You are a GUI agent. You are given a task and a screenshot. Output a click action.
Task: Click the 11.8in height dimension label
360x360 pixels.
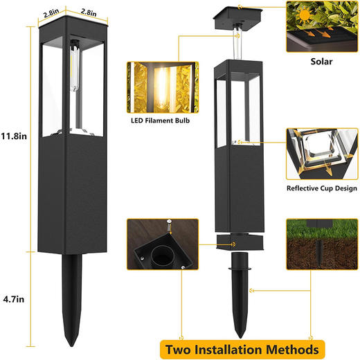(x=14, y=136)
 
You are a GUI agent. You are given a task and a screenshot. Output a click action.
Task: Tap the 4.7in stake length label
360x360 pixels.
(x=14, y=299)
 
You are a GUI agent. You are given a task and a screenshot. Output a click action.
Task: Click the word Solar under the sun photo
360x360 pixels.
(x=321, y=62)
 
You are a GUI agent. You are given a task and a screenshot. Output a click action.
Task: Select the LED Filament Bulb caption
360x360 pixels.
(x=161, y=120)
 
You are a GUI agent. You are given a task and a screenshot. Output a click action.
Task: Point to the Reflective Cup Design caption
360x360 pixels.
(x=322, y=188)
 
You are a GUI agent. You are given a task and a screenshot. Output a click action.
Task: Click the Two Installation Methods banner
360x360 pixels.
(x=242, y=350)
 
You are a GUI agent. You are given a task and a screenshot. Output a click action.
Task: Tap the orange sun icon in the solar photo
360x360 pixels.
(x=305, y=15)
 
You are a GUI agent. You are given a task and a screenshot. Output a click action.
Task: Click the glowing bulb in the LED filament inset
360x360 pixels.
(x=161, y=88)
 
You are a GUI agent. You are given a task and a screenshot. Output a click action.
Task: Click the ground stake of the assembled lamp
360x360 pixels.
(x=72, y=299)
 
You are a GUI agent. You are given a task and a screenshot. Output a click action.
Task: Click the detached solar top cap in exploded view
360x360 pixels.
(x=237, y=19)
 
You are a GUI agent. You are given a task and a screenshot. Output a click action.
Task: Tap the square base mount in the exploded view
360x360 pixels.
(x=240, y=242)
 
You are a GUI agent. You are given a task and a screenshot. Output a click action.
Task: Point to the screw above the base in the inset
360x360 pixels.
(x=170, y=226)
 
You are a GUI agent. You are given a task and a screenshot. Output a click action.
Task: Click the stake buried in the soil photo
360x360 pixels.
(x=320, y=253)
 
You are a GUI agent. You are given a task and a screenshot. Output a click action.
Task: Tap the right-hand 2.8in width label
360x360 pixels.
(x=89, y=12)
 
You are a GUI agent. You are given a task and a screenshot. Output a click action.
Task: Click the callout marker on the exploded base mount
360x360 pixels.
(x=234, y=244)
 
